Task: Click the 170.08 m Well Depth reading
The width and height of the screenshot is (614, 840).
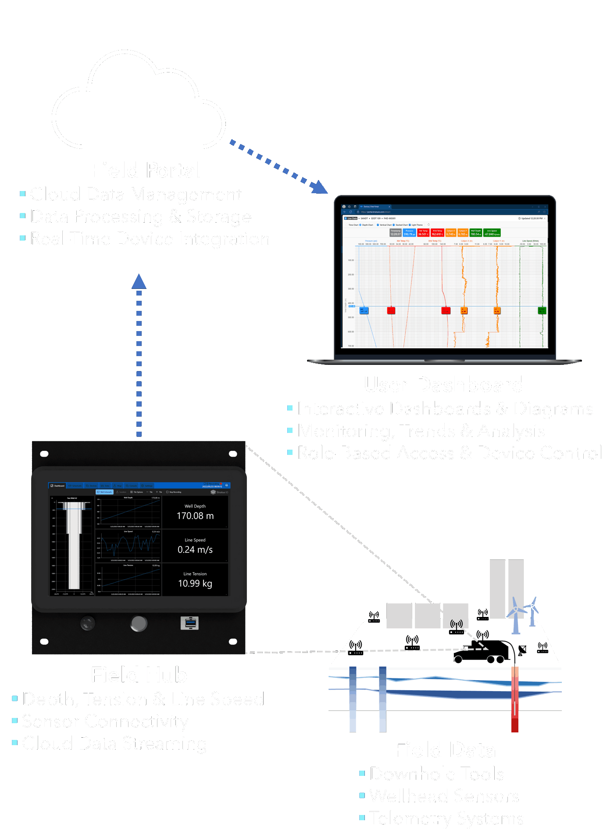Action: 195,516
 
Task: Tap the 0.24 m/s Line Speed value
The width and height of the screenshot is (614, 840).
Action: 195,549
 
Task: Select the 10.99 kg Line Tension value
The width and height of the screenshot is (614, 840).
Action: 195,583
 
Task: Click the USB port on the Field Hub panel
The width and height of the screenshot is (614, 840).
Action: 189,623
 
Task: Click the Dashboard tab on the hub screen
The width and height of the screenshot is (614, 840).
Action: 57,486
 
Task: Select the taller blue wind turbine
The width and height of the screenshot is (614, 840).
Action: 516,615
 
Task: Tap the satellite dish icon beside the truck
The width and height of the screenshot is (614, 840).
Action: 522,650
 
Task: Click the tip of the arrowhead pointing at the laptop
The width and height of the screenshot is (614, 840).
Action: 327,193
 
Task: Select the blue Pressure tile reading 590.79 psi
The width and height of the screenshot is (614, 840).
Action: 409,232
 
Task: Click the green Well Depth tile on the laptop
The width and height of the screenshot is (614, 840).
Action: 476,232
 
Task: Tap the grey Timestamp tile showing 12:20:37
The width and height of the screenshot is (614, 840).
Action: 396,232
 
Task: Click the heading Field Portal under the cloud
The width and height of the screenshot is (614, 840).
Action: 146,170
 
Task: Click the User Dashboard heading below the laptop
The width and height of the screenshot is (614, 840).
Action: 443,384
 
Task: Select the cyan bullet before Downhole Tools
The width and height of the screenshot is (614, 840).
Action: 362,773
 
